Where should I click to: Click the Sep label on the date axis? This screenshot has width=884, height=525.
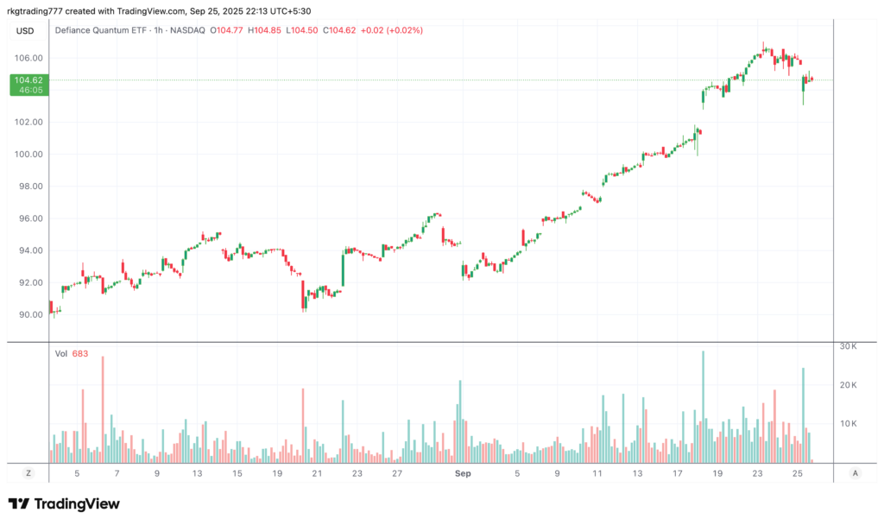coord(462,473)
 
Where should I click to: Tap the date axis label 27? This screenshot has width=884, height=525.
coord(396,473)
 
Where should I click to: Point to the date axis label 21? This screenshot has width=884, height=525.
coord(317,473)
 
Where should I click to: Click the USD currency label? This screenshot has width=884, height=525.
coord(25,31)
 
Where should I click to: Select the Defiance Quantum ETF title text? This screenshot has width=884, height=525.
coord(100,30)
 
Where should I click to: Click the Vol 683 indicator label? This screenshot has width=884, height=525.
coord(71,353)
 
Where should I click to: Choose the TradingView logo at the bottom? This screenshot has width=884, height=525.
coord(64,504)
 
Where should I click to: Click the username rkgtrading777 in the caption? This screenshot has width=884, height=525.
coord(36,9)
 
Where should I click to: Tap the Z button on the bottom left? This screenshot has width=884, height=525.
coord(28,473)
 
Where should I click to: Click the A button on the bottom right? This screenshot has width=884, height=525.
coord(855,473)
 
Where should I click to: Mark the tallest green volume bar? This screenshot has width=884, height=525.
coord(703,406)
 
